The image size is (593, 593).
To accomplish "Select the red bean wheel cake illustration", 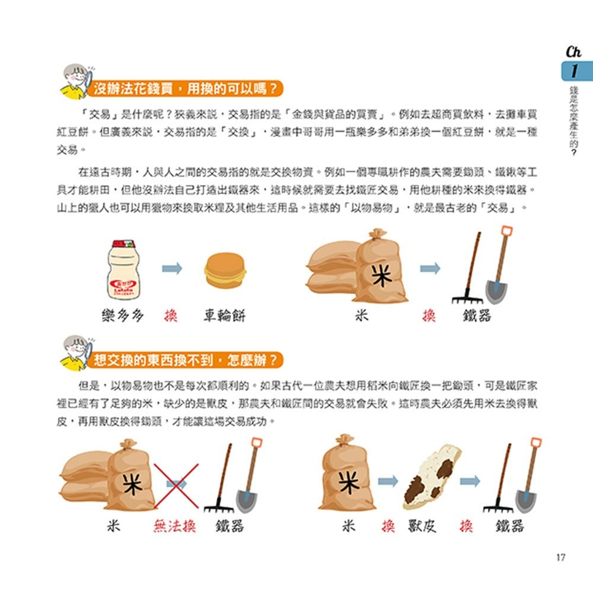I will click(225, 271).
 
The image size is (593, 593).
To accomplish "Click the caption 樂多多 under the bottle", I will click(123, 315).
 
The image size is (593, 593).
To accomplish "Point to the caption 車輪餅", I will click(224, 315).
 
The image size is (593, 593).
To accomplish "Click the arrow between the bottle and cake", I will click(172, 269).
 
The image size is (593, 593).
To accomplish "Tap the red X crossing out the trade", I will click(176, 486).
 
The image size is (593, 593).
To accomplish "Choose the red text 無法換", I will click(175, 525).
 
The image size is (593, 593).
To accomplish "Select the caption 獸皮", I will click(422, 525).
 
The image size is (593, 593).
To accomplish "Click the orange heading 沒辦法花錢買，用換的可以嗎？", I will click(184, 90).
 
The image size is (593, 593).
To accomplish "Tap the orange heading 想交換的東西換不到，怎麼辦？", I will click(184, 359).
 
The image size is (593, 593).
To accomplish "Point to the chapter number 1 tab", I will click(573, 72).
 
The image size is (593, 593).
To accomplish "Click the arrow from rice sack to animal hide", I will click(388, 481).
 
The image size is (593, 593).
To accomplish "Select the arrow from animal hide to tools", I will click(470, 481).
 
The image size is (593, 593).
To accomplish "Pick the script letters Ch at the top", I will click(573, 52).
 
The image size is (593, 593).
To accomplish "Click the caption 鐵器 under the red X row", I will click(230, 525).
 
